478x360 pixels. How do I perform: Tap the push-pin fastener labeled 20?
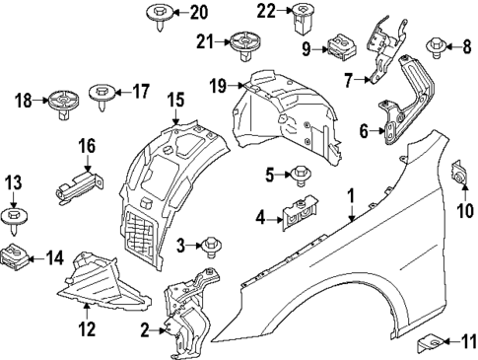coord(158,15)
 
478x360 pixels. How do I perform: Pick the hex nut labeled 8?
coord(433,46)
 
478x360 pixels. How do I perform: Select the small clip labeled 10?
coord(459,173)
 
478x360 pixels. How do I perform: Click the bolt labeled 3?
coord(211,243)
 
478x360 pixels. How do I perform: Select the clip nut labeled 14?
coord(15,258)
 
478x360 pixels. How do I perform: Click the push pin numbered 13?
coord(14,217)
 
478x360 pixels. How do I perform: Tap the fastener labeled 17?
coord(102,94)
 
